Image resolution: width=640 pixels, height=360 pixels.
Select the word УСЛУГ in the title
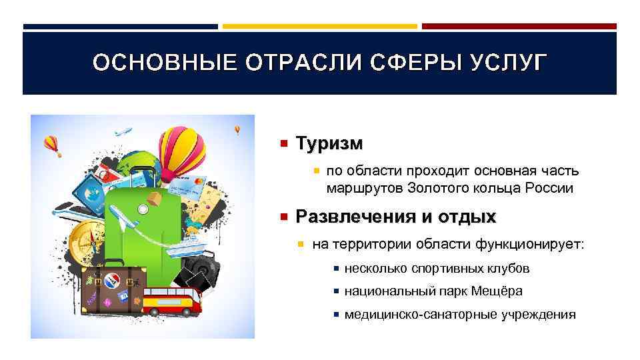coord(506,63)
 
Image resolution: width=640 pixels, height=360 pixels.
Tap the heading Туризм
coord(329,143)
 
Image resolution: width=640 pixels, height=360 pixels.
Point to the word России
coord(547,188)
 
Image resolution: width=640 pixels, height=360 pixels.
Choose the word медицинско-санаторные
coord(413,314)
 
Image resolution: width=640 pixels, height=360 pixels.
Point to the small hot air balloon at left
coord(52,144)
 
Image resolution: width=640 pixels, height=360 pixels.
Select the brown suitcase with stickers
coord(109,291)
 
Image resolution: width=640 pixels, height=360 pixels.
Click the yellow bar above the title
coord(319,27)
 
